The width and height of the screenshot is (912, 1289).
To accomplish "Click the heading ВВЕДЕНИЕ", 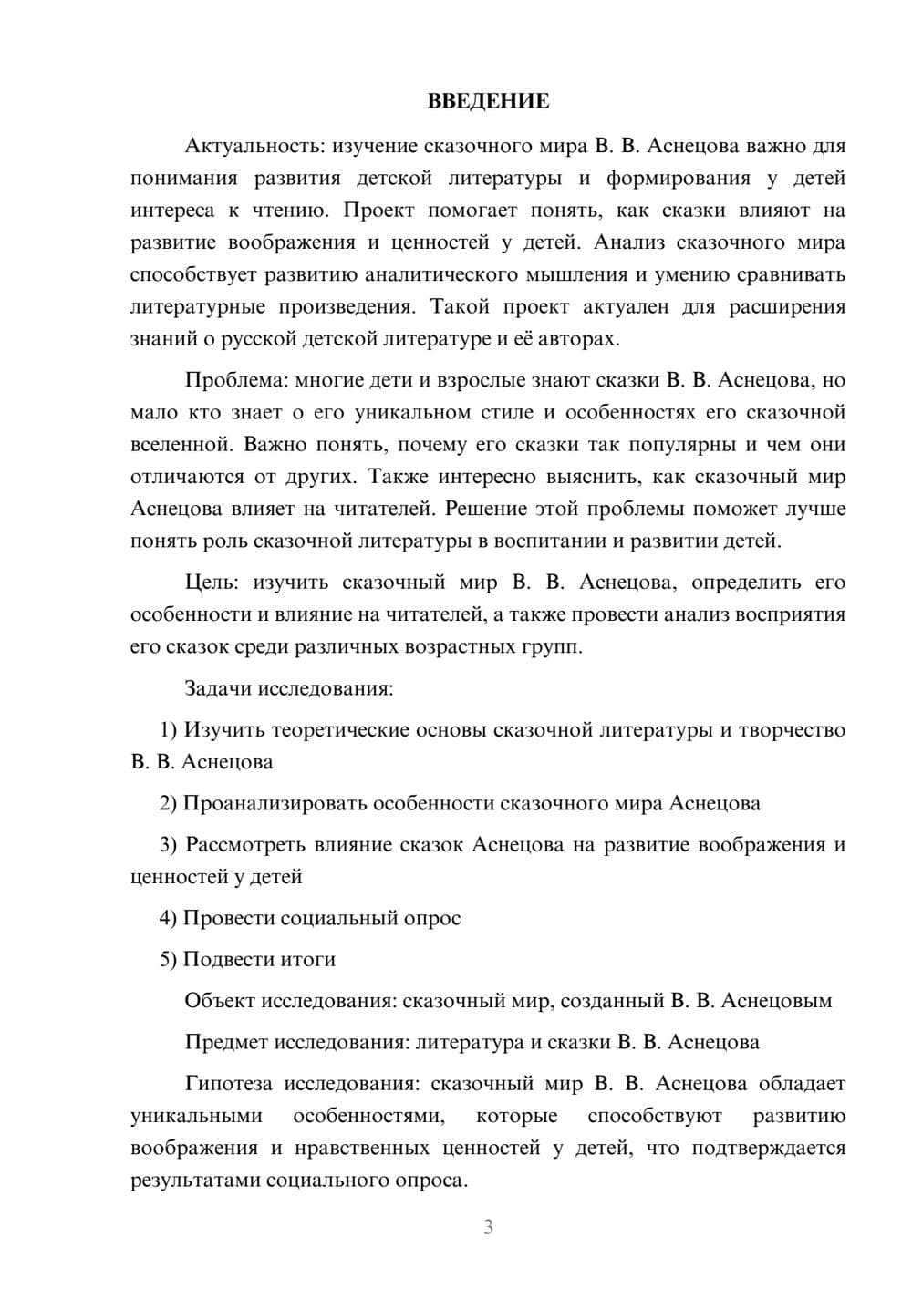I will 488,101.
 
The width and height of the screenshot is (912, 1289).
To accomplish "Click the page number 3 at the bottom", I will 488,1227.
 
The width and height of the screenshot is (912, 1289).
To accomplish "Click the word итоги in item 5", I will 309,960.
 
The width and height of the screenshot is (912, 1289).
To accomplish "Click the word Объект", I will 219,1001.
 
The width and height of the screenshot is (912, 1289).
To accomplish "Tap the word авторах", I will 580,339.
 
